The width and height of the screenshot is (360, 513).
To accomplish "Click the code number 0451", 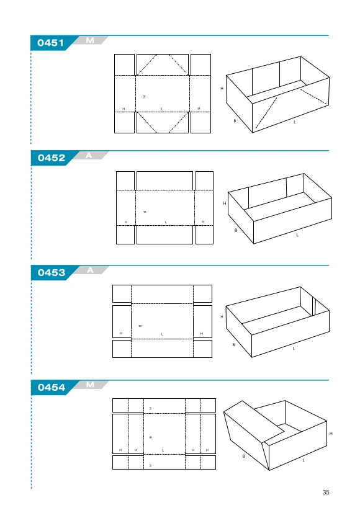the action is click(x=50, y=43).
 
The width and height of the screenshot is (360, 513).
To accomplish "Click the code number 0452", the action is click(x=52, y=158).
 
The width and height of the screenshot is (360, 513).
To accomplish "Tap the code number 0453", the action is click(x=52, y=272).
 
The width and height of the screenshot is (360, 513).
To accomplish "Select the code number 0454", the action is click(x=52, y=387).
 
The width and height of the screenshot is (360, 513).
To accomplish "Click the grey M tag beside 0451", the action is click(x=90, y=40).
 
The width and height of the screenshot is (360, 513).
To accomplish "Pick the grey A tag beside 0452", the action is click(x=89, y=156).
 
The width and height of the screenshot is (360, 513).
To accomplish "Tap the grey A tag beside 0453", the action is click(x=91, y=270).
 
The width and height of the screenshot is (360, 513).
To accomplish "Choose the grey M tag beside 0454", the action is click(x=91, y=385).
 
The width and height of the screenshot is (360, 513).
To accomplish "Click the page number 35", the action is click(x=326, y=492).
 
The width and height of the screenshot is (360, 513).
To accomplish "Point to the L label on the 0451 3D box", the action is click(x=295, y=122).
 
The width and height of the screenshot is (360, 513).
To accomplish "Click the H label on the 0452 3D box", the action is click(x=225, y=203).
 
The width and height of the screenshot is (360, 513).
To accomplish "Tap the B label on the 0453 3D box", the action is click(x=233, y=344).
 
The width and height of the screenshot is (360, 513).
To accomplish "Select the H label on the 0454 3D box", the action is click(x=331, y=433).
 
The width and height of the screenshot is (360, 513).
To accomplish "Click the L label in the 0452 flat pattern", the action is click(x=166, y=223).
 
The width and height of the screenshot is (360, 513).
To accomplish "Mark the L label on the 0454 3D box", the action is click(x=304, y=460).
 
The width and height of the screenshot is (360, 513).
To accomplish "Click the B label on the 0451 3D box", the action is click(x=235, y=121).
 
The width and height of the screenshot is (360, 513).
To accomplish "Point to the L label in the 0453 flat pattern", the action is click(x=163, y=334).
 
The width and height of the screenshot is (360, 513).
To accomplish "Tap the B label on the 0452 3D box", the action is click(x=236, y=230).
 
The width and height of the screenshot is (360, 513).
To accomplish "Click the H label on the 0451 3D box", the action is click(x=222, y=88).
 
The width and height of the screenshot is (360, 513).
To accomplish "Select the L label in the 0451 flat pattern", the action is click(x=162, y=109).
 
